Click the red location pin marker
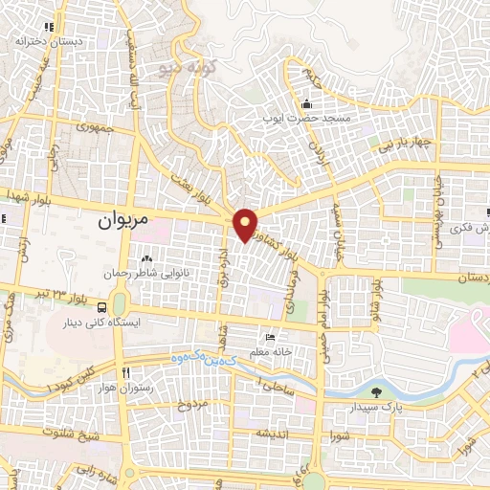click(246, 224)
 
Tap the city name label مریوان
click(124, 220)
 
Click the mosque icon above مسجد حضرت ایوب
click(306, 104)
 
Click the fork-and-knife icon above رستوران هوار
click(125, 372)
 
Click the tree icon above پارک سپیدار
click(374, 392)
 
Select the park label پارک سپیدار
click(374, 409)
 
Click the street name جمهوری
click(97, 125)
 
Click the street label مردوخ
click(192, 405)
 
